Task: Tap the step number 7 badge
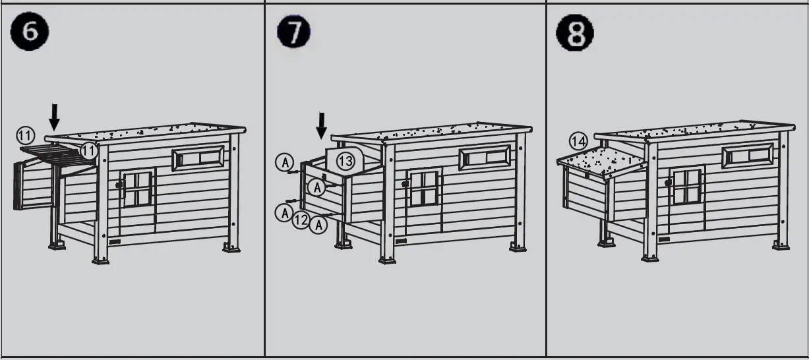(x=294, y=33)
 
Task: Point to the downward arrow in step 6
(x=55, y=117)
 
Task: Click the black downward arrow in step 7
(x=321, y=125)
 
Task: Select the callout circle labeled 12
(x=301, y=220)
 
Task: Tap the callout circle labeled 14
(x=578, y=140)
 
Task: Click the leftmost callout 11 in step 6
(x=25, y=136)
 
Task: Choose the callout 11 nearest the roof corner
(x=88, y=152)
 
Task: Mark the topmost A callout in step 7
(x=284, y=162)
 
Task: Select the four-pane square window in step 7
(x=424, y=188)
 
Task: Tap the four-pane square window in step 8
(x=686, y=186)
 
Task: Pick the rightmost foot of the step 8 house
(x=779, y=245)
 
